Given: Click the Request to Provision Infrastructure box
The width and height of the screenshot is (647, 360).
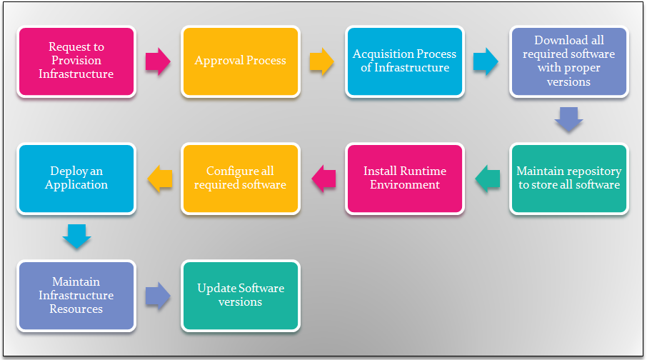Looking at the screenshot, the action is point(76,62).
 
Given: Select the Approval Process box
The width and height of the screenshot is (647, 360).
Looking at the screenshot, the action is point(241,62).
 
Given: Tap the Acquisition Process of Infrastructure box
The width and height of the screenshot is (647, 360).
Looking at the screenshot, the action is point(405,62).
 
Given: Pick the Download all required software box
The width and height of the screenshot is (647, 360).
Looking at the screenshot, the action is point(569,62).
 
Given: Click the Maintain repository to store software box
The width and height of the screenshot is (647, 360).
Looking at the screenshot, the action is point(569,179).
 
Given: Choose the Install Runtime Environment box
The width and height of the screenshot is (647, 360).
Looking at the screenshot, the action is point(405,179).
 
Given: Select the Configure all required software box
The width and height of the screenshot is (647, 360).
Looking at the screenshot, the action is point(241,179).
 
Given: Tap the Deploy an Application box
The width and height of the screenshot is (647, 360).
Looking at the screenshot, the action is point(76,179).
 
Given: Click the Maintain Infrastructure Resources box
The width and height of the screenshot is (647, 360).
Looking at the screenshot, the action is point(76,296).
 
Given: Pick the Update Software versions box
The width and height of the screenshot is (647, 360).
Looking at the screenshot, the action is point(241,296).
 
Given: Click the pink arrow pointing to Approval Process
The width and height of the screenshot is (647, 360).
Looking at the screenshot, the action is point(158,62).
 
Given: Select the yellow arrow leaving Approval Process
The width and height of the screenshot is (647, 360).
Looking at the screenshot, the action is point(322,62).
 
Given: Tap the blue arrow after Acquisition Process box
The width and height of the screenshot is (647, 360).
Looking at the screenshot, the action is point(486,62).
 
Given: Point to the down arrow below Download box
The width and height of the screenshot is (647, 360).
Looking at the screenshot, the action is point(569,119).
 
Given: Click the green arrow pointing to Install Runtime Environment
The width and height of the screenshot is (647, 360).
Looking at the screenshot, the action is point(488,179).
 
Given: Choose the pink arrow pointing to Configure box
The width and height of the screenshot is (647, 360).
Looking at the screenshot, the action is point(323,179).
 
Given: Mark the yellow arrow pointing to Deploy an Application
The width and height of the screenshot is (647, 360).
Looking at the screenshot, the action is point(160,179).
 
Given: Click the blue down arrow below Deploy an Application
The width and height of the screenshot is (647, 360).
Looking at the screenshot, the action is point(76,236).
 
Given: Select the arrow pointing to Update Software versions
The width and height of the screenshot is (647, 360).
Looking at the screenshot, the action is point(158,296).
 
